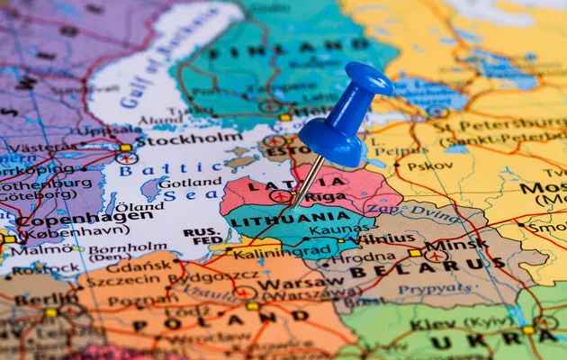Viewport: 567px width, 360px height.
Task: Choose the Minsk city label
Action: point(456,244)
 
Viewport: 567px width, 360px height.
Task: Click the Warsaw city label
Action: point(288,283)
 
